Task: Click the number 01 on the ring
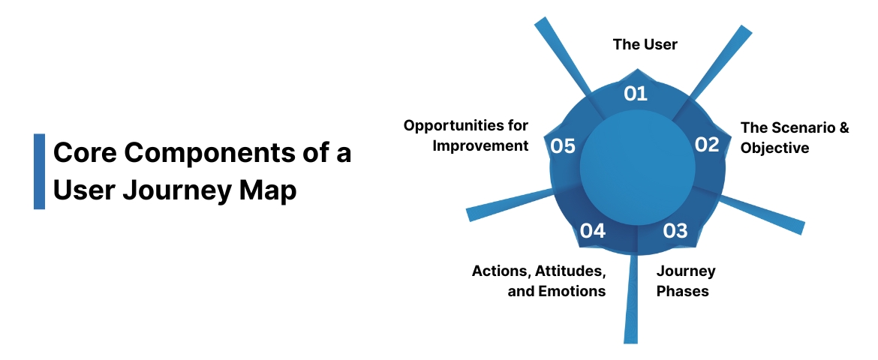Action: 636,93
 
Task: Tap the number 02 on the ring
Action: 706,145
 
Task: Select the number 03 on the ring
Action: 675,230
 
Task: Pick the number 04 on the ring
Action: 593,230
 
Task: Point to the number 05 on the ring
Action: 563,145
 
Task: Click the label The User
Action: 645,44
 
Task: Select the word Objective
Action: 774,148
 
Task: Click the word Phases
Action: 682,291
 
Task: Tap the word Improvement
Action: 480,145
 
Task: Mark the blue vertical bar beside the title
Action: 39,171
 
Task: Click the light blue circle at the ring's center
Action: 636,166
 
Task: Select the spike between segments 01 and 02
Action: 724,60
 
